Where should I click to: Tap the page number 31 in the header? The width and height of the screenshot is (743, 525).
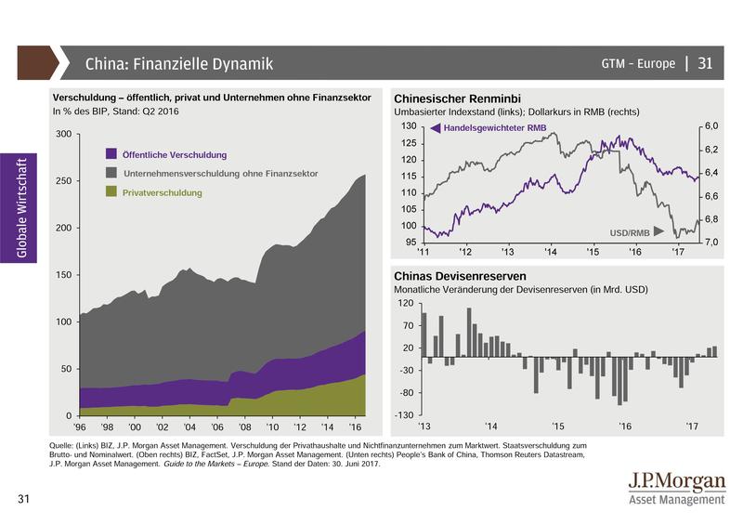click(705, 64)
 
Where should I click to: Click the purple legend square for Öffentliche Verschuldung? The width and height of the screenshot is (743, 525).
click(111, 154)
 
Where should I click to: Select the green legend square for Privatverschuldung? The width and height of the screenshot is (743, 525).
click(111, 192)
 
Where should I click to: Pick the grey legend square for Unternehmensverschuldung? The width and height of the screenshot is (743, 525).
click(111, 173)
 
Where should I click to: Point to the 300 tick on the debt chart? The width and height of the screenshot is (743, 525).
click(63, 135)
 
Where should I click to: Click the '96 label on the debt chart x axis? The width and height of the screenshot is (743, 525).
click(83, 427)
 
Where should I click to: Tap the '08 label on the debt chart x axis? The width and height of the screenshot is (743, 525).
click(244, 427)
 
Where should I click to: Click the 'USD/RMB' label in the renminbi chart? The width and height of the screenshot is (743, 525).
click(629, 231)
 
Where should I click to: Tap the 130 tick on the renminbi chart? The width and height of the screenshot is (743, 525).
click(408, 125)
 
